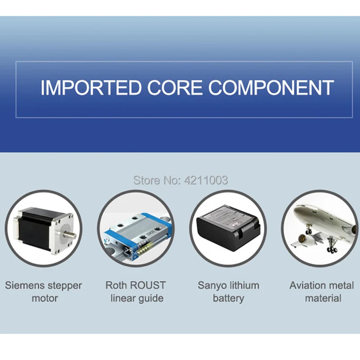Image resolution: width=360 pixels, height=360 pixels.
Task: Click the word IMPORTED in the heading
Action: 91,87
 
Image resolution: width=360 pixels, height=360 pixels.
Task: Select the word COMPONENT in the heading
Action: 271,87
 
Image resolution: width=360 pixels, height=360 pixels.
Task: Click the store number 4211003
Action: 206,180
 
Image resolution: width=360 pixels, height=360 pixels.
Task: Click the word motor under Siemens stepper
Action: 45,298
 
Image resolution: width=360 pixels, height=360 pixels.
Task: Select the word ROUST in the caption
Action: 148,285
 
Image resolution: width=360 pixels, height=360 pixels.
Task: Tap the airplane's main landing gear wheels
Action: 332,250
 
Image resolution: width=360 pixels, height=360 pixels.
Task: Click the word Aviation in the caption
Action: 305,285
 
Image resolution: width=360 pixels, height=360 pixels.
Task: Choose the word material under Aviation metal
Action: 323,298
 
